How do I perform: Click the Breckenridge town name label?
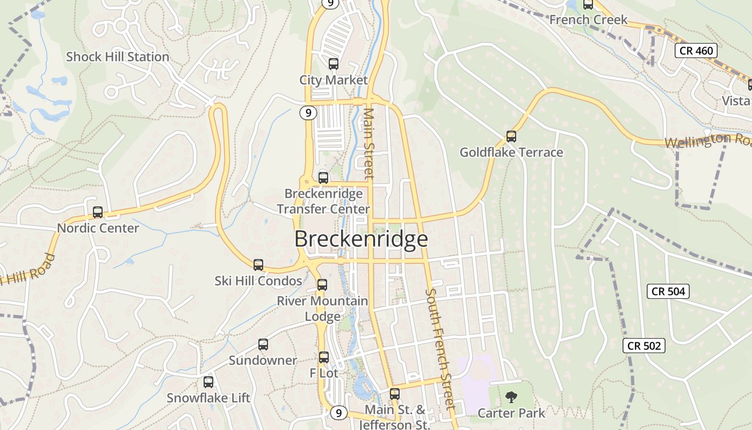[x=361, y=239]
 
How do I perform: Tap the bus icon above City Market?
[x=333, y=64]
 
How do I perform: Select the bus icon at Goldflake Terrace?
[x=511, y=137]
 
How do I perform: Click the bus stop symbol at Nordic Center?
[x=97, y=212]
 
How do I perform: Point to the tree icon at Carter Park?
[x=511, y=398]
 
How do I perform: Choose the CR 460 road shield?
[x=696, y=51]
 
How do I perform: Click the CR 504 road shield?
[x=668, y=291]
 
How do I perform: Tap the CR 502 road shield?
[x=644, y=346]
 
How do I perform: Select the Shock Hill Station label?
[x=118, y=57]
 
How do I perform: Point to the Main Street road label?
[x=368, y=144]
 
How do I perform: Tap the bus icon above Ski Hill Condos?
[x=258, y=265]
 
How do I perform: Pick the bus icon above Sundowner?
[x=263, y=345]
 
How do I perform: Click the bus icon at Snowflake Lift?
[x=208, y=382]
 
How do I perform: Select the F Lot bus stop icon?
[x=323, y=357]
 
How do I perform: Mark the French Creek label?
[x=588, y=20]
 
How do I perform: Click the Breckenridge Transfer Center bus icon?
[x=323, y=177]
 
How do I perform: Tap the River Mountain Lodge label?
[x=322, y=309]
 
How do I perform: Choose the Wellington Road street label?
[x=708, y=140]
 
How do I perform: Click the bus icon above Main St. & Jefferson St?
[x=395, y=393]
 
